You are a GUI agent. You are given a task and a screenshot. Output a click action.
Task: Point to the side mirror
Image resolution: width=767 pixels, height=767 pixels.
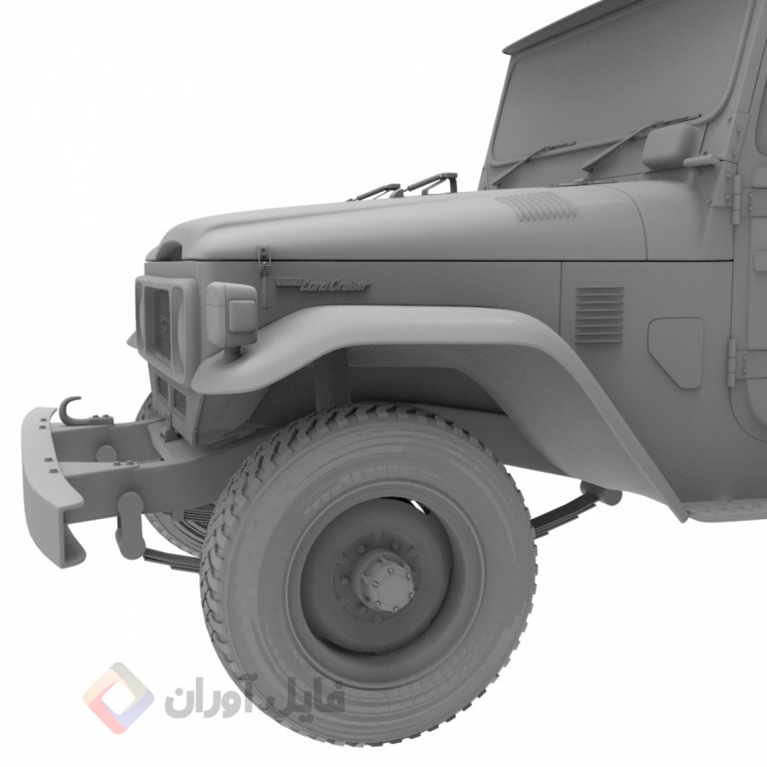(670, 147)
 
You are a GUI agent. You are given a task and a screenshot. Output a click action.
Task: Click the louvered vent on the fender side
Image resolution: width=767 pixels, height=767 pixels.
(599, 314)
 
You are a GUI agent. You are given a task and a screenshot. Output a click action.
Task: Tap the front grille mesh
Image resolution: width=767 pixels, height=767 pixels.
(158, 320)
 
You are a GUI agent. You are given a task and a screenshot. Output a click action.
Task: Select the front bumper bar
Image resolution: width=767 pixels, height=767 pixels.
(47, 486)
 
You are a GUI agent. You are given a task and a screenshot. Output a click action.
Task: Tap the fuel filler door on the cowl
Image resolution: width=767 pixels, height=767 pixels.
(677, 349)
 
